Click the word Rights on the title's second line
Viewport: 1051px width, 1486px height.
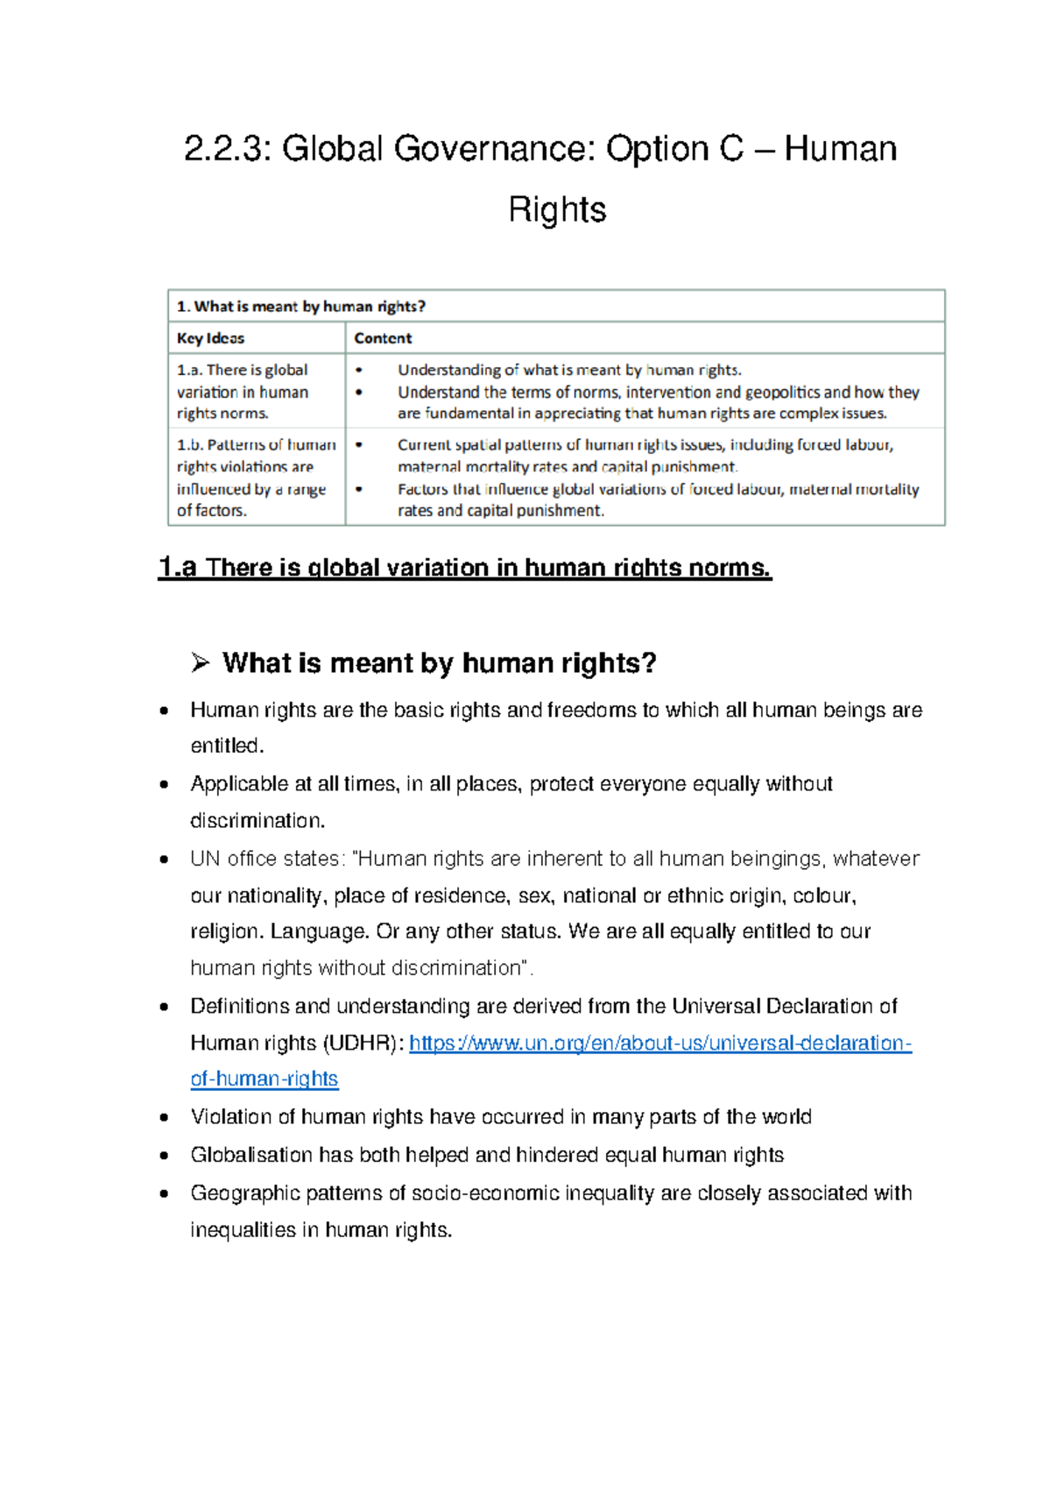point(557,210)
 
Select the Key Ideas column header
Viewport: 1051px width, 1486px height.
point(210,338)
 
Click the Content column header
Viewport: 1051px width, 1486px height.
point(383,338)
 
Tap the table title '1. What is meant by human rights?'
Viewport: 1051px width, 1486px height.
point(301,307)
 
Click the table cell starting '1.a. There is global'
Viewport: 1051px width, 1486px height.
point(243,392)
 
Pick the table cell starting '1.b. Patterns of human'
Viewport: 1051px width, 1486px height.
point(256,478)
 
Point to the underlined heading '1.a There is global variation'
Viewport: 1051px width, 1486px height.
point(464,568)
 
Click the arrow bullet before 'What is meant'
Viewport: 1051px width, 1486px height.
point(200,663)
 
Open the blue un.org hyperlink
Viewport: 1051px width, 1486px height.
point(660,1043)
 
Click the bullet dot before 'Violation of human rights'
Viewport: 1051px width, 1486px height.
point(164,1118)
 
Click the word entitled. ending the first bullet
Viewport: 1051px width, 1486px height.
point(227,746)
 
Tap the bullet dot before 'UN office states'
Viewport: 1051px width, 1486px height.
point(164,860)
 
